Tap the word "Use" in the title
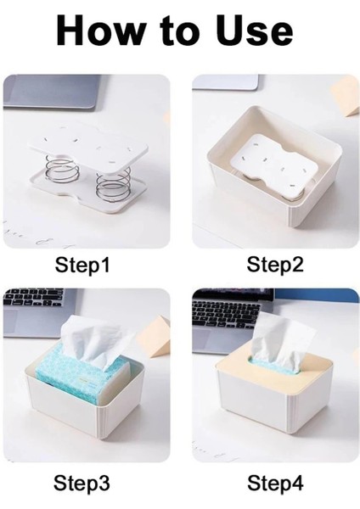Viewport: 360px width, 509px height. coord(256,31)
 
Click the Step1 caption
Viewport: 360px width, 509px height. coord(82,265)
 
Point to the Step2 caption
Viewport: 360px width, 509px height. coord(275,264)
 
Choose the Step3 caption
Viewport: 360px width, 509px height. coord(82,483)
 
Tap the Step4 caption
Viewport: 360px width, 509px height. coord(275,483)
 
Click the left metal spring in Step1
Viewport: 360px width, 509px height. coord(61,166)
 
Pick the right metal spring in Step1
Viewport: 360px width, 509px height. coord(113,182)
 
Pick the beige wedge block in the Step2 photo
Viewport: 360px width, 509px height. coord(345,95)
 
